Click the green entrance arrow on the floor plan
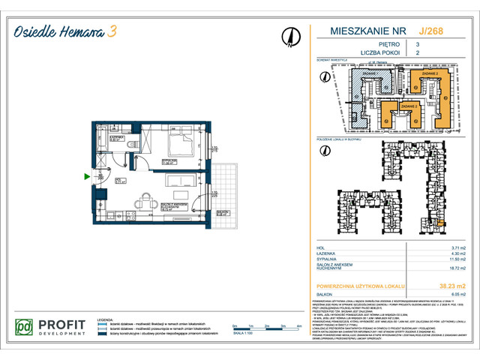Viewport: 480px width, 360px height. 88,177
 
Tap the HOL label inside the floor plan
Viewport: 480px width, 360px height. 119,180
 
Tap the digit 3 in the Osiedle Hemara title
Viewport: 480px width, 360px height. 112,31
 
